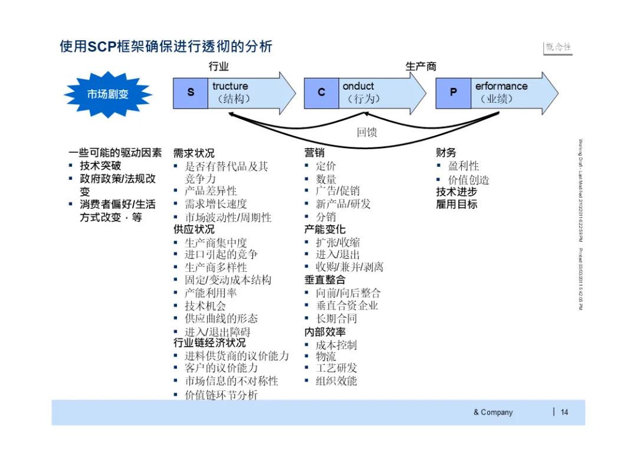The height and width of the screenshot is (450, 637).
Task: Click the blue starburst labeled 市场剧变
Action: (108, 94)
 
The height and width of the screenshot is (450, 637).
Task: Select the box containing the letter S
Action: (191, 93)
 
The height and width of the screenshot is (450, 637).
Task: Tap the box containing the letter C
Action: (321, 93)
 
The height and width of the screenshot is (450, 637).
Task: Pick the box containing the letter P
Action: (453, 93)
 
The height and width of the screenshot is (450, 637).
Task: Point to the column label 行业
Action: (219, 67)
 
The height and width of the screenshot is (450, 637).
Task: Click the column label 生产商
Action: (421, 67)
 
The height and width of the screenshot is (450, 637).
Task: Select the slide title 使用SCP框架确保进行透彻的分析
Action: (166, 47)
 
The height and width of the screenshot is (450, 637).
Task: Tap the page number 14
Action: (564, 412)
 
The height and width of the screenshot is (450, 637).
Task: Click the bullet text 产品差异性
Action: (211, 191)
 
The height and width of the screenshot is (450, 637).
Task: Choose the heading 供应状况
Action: (194, 229)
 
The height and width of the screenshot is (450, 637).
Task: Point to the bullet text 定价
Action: (326, 166)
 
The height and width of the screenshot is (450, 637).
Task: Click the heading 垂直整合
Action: (325, 280)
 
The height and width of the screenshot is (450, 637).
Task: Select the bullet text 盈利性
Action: (464, 166)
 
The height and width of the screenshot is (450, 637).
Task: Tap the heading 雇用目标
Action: (457, 205)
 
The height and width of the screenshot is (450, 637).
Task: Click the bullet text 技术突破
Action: (100, 166)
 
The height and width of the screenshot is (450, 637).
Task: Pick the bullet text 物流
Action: (326, 357)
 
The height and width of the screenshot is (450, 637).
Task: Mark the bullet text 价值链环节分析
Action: (221, 395)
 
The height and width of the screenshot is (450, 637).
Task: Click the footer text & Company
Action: (493, 412)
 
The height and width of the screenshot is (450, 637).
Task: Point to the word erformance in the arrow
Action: (501, 86)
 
